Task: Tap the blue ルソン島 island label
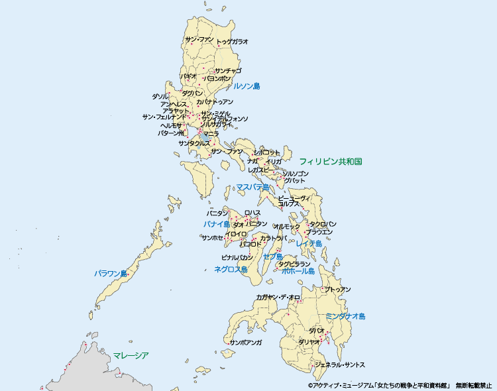pos(247,86)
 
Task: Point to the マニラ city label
pos(211,134)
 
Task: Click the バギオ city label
pos(188,77)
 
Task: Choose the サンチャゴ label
pos(228,70)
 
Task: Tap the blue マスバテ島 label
pos(252,188)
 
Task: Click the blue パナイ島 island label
pos(216,225)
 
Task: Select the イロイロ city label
pos(236,234)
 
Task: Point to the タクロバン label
pos(323,224)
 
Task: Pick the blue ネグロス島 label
pos(231,269)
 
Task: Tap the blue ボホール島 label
pos(298,271)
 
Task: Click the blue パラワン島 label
pos(110,273)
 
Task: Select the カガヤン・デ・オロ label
pos(278,298)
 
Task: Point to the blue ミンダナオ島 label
pos(345,317)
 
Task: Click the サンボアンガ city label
pos(245,343)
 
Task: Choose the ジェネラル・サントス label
pos(339,365)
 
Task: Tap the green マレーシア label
pos(131,355)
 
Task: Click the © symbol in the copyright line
pos(309,384)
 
